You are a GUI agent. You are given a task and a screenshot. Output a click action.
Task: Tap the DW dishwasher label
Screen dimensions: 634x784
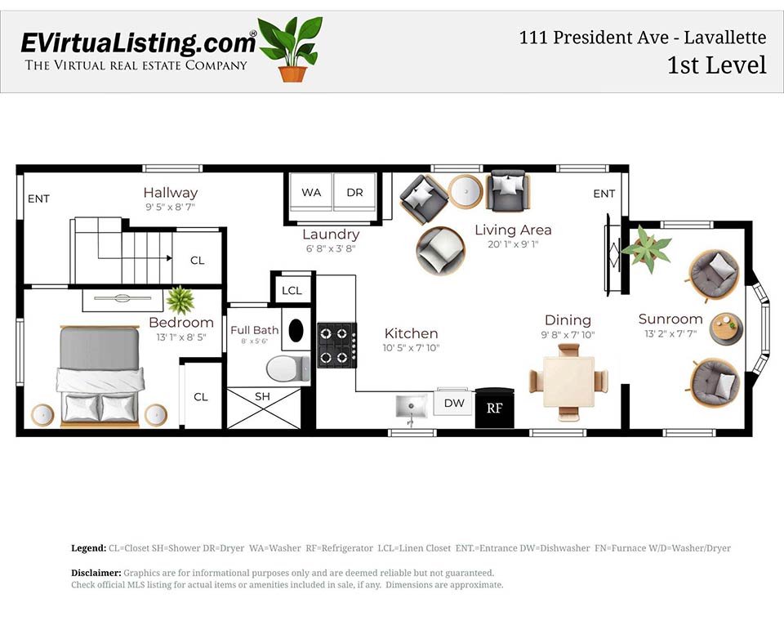tap(453, 403)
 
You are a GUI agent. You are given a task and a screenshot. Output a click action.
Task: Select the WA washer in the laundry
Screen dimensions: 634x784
tap(311, 193)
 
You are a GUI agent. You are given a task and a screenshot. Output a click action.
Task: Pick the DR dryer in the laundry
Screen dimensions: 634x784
tap(355, 193)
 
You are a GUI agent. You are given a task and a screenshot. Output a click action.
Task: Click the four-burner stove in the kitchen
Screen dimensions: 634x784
tap(337, 345)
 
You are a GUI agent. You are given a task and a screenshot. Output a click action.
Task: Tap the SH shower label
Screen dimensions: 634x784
tap(262, 396)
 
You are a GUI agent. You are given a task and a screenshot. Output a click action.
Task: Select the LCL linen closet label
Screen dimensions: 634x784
tap(292, 291)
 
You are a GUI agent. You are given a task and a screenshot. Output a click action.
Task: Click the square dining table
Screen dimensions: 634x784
tap(568, 379)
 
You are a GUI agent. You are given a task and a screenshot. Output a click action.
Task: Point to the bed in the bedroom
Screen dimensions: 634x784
tap(100, 376)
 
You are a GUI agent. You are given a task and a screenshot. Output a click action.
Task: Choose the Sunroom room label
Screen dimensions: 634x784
tap(670, 319)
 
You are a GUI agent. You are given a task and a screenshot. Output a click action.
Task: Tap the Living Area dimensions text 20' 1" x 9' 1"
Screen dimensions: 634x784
tap(513, 244)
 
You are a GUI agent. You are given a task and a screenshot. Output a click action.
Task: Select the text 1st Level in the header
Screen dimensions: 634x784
tap(716, 65)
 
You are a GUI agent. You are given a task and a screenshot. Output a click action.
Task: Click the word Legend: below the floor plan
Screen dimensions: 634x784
tap(89, 548)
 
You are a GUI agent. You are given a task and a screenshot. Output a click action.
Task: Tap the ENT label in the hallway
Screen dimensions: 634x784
tap(38, 199)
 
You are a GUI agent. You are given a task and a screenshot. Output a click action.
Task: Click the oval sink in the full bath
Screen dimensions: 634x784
tap(296, 330)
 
